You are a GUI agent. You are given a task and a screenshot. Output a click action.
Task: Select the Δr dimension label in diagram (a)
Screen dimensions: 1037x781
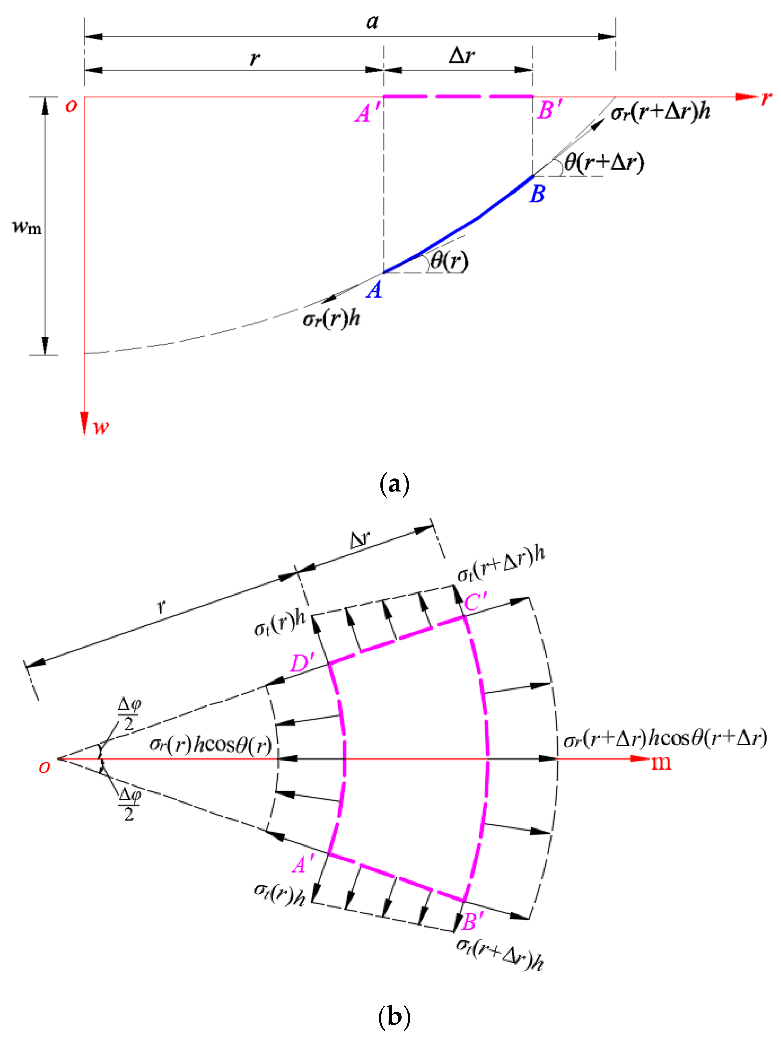click(461, 56)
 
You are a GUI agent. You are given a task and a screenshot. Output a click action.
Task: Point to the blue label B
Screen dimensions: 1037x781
click(538, 194)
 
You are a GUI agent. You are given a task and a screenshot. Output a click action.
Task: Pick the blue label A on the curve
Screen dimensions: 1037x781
click(374, 290)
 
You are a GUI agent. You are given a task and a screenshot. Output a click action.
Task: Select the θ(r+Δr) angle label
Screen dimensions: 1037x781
click(604, 162)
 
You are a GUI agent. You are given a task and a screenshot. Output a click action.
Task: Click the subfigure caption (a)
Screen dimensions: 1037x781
click(394, 484)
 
